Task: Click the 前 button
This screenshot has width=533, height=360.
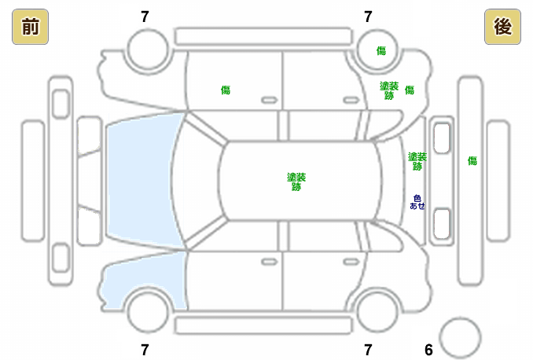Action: click(x=29, y=27)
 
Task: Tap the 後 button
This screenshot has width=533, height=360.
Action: click(x=502, y=27)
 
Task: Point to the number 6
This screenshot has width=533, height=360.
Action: click(x=428, y=350)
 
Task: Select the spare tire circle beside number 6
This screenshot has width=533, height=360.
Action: click(x=459, y=337)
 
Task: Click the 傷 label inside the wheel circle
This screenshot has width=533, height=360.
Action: click(x=380, y=51)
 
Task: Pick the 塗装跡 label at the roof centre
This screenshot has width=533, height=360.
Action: click(x=296, y=182)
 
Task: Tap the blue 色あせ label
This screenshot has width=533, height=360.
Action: click(x=417, y=201)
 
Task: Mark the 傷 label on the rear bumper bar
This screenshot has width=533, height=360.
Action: click(x=472, y=161)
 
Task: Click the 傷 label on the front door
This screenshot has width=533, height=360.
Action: click(x=226, y=90)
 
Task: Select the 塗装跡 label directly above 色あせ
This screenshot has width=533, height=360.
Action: click(x=417, y=161)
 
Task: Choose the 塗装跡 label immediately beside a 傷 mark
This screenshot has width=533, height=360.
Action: click(x=388, y=90)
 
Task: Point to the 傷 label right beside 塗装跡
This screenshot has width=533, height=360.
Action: click(x=409, y=90)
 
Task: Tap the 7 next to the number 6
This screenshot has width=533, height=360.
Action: click(x=367, y=350)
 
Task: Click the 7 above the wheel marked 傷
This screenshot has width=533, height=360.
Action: click(x=367, y=17)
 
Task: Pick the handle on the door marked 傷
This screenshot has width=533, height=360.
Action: click(x=269, y=100)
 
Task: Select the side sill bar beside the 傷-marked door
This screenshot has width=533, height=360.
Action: click(x=263, y=35)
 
